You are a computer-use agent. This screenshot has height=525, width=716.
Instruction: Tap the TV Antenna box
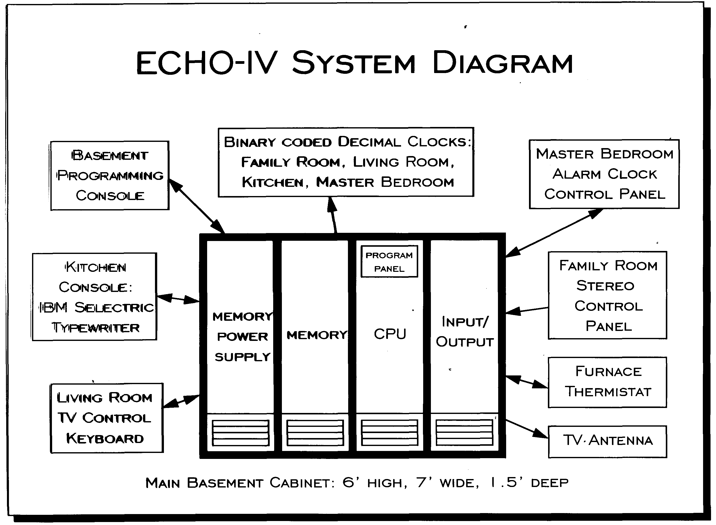[607, 442]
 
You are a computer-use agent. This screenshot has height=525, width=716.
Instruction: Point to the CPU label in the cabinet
[390, 334]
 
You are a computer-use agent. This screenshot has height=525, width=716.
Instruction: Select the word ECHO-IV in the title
[205, 63]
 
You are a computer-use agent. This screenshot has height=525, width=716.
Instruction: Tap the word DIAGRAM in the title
[502, 63]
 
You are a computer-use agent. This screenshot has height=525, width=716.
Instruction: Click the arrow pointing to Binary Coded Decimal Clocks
[333, 214]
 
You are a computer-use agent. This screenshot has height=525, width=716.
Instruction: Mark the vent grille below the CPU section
[389, 433]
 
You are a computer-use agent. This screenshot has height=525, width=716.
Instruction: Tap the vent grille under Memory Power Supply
[240, 433]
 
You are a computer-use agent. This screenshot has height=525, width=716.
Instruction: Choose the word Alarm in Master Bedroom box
[576, 174]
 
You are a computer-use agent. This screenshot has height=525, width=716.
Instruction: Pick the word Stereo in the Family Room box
[605, 286]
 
